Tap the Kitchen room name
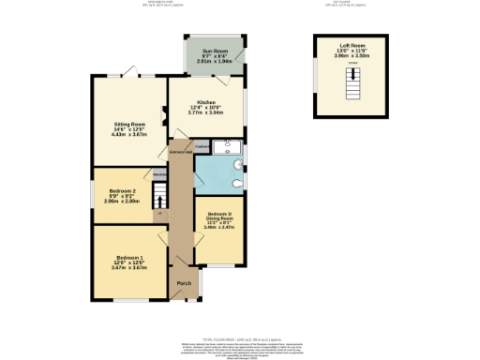(206, 102)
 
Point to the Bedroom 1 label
(130, 257)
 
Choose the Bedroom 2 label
(122, 191)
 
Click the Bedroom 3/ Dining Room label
(218, 214)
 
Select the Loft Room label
(353, 44)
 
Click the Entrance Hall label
(180, 152)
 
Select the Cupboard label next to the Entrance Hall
(202, 145)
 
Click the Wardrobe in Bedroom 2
(159, 174)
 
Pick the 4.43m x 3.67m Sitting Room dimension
(129, 135)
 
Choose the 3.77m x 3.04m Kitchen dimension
(206, 113)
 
